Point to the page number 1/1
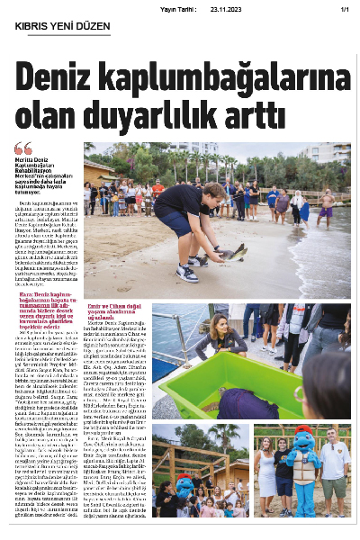click(344, 8)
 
